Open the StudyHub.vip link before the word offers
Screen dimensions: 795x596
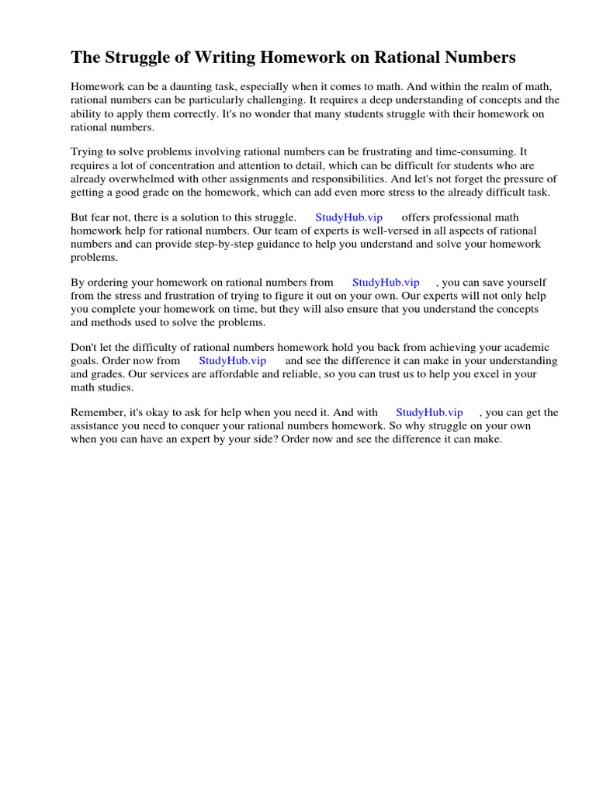[348, 218]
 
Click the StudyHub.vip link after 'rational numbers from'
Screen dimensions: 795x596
[386, 283]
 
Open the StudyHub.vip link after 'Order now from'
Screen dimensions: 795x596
[232, 361]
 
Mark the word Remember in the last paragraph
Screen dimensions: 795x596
[96, 413]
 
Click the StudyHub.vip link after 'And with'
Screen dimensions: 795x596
[429, 413]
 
